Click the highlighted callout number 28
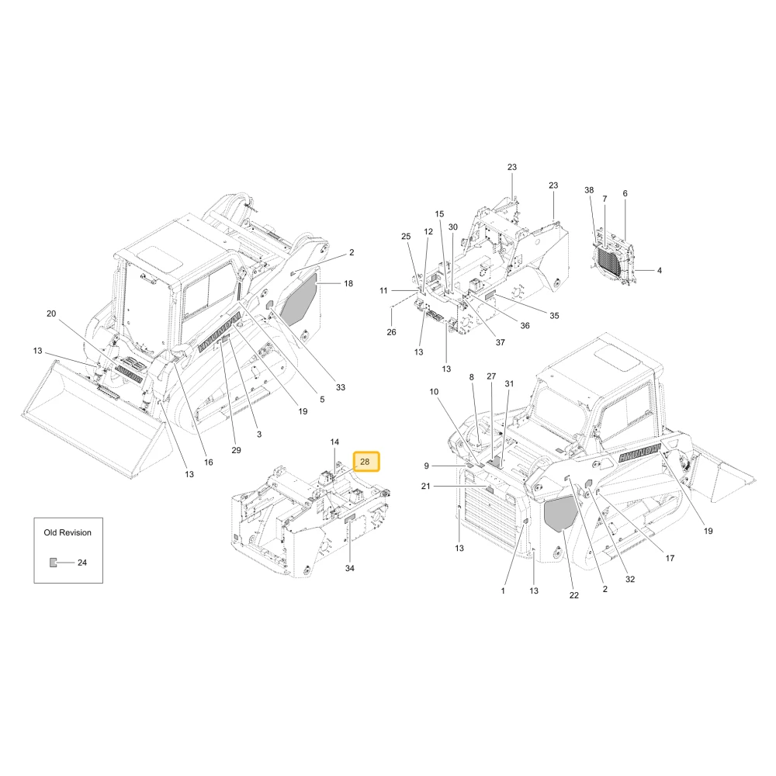(x=365, y=462)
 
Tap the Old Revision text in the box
(x=68, y=532)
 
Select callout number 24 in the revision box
(x=82, y=563)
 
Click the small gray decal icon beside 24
(x=53, y=563)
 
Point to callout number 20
(x=51, y=314)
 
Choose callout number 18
(x=348, y=283)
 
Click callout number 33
(x=341, y=387)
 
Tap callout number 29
(x=236, y=450)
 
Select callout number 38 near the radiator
(x=589, y=190)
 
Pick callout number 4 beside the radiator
(x=659, y=271)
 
